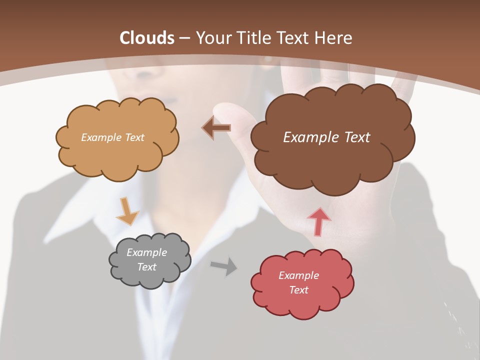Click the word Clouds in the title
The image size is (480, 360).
[x=147, y=38]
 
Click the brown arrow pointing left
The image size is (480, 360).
[x=216, y=128]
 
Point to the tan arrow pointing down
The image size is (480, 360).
[x=126, y=211]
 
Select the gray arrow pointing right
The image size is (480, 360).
[x=223, y=266]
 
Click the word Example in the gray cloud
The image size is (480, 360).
[x=146, y=252]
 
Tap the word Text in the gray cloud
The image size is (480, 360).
[x=146, y=267]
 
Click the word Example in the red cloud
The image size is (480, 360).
[x=298, y=275]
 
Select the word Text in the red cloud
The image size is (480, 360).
[x=298, y=290]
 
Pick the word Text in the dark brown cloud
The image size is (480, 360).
[x=357, y=137]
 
